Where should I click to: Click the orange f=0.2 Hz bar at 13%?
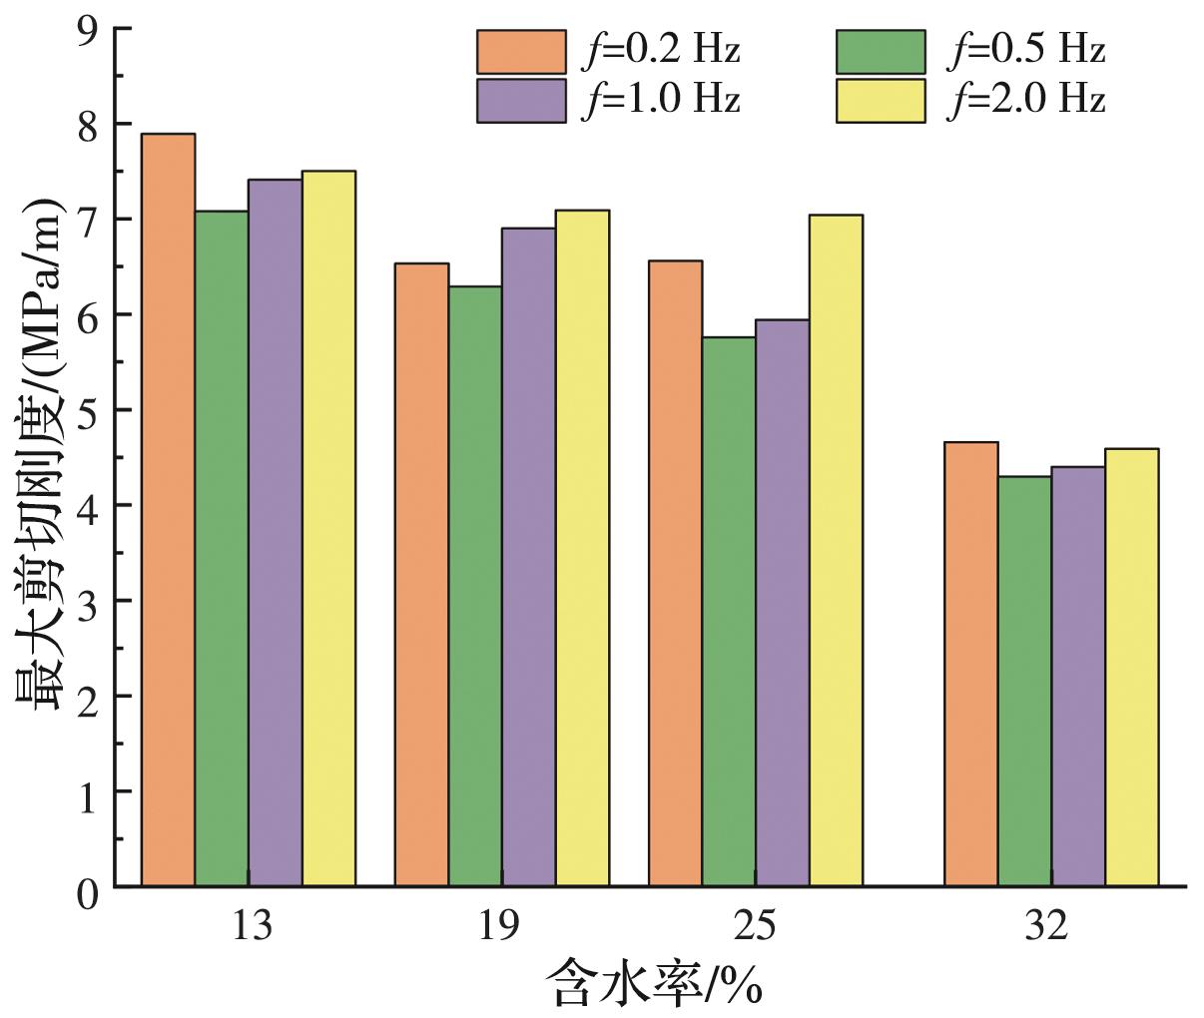tap(168, 509)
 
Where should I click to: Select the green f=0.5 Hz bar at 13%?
tap(222, 548)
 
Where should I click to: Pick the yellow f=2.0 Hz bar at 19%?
tap(582, 548)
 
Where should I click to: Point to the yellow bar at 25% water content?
tap(836, 550)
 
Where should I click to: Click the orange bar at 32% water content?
tap(970, 664)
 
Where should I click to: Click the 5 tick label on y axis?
tap(90, 409)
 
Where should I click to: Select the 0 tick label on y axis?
tap(90, 887)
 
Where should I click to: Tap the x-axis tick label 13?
tap(251, 927)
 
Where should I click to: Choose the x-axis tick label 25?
tap(756, 927)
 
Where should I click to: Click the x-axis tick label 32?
tap(1045, 927)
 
